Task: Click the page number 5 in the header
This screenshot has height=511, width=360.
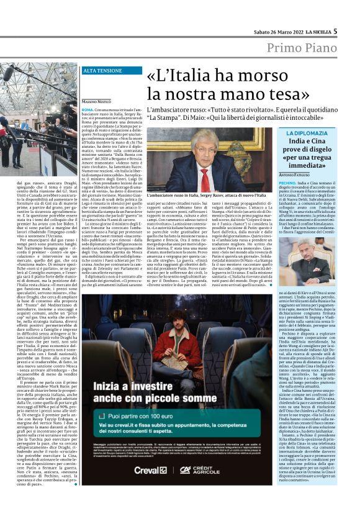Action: [x=335, y=31]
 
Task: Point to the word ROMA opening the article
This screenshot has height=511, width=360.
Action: [x=88, y=109]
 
